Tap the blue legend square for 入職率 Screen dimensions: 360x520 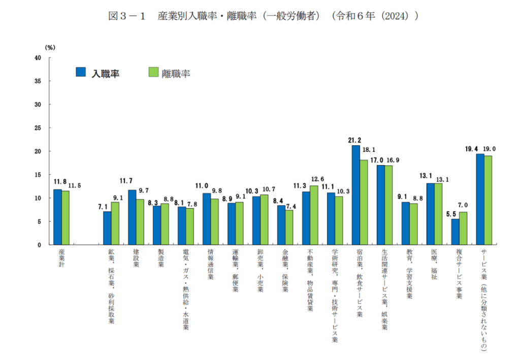(x=81, y=72)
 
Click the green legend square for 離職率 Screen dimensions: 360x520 (x=153, y=72)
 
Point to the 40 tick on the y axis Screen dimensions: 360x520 (x=38, y=58)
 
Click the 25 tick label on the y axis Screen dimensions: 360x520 (x=38, y=128)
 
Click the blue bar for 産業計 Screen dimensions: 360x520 (x=57, y=217)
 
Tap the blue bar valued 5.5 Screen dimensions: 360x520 (x=455, y=232)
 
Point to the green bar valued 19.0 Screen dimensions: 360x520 (x=488, y=200)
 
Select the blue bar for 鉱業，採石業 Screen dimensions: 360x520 (x=107, y=228)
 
